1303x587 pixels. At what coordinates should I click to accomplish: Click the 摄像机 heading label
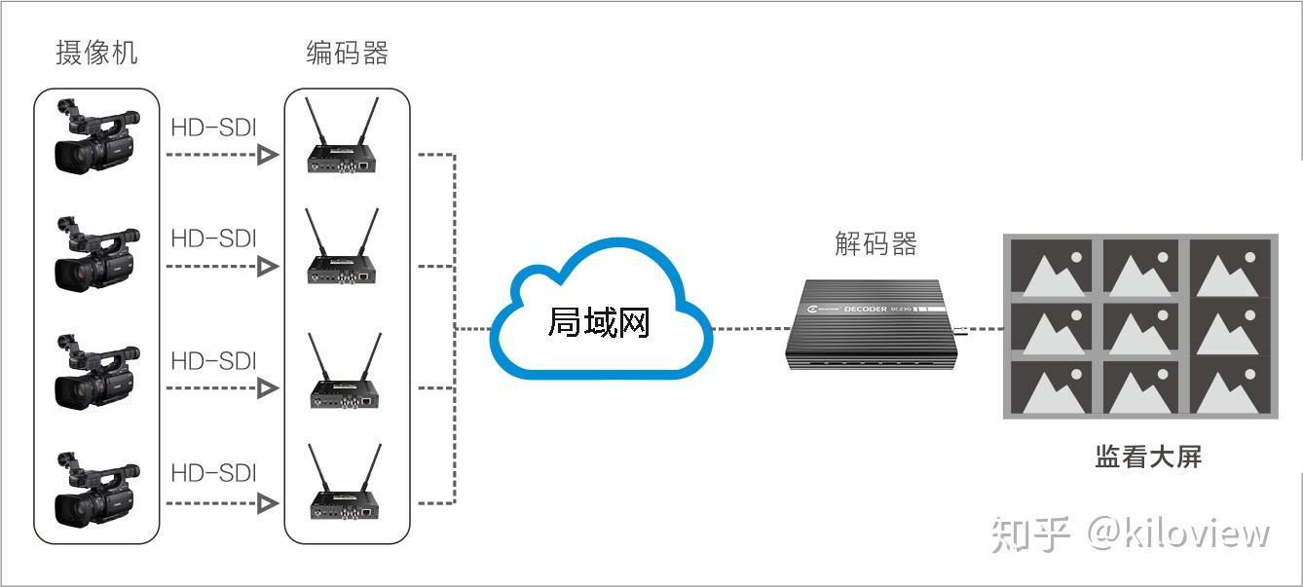tap(96, 52)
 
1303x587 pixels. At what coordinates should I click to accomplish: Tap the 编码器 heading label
tap(347, 52)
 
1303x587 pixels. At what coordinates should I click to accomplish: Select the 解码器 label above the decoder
tap(875, 242)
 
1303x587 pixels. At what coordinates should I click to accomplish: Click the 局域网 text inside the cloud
tap(598, 321)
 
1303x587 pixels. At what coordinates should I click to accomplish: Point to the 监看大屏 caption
tap(1148, 456)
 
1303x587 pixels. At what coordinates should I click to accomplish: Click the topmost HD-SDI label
tap(213, 128)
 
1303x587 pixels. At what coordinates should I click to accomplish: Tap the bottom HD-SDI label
tap(213, 473)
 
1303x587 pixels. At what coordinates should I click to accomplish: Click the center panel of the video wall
tap(1140, 328)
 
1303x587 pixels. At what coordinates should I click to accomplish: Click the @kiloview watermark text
tap(1178, 533)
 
